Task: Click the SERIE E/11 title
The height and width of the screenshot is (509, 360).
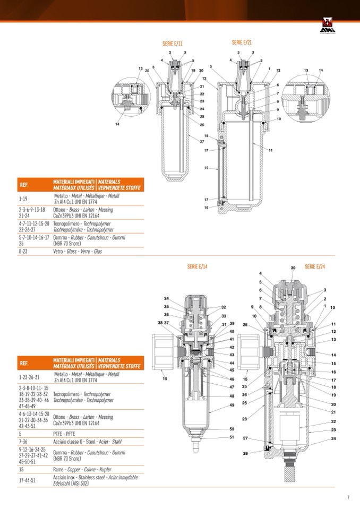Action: [173, 42]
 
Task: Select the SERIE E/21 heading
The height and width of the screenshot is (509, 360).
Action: [242, 42]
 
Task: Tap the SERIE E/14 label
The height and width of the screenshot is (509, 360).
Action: [197, 266]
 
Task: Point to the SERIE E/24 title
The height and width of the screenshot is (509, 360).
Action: [314, 266]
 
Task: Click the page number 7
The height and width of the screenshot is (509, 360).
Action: [348, 497]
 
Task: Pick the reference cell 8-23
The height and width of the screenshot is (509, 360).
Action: [24, 251]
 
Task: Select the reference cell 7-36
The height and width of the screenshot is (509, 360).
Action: [24, 441]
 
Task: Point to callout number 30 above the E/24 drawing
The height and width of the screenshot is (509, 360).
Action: [293, 268]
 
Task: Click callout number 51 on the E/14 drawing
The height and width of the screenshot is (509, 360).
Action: [232, 437]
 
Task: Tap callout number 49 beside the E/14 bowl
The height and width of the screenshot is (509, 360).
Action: [232, 405]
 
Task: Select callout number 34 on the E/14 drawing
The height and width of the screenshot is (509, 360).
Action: [166, 298]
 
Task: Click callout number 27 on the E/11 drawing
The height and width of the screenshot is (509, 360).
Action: [202, 142]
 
